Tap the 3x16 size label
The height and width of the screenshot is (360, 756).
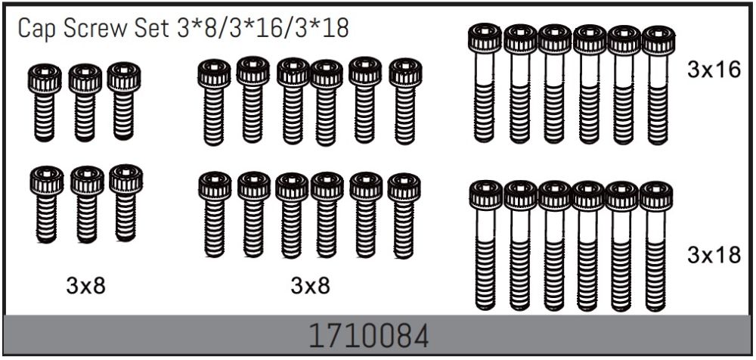click(x=713, y=70)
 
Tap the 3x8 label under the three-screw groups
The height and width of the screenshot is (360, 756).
click(x=85, y=286)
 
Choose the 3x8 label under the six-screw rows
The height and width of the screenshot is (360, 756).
click(x=310, y=286)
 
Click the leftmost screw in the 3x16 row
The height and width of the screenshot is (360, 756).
click(x=485, y=83)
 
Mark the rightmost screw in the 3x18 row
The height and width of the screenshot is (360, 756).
click(x=655, y=246)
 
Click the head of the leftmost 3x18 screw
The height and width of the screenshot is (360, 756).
click(x=485, y=195)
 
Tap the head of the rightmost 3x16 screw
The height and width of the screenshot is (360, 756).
click(x=658, y=40)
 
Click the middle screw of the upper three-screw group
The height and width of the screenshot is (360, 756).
click(x=85, y=102)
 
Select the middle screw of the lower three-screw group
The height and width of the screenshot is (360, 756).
click(x=87, y=204)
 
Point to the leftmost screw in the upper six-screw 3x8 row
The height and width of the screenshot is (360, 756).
click(x=214, y=102)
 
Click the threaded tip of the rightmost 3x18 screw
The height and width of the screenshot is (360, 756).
click(x=655, y=299)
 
